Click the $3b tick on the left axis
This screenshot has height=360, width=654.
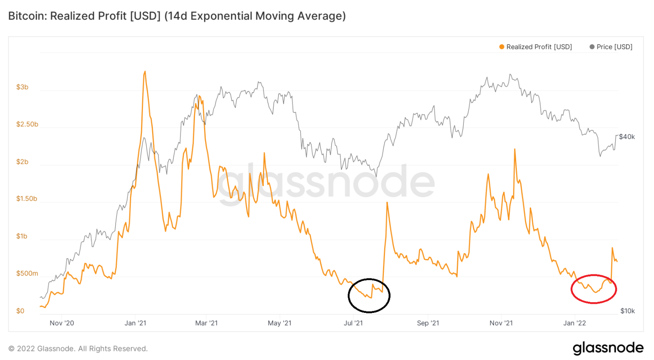(22, 87)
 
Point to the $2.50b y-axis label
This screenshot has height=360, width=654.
(27, 124)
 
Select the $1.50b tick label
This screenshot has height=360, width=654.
(27, 199)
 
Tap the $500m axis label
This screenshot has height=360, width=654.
(27, 274)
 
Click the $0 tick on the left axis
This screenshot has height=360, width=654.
(20, 311)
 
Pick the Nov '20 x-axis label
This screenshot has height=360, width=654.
(62, 323)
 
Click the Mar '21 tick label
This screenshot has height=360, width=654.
(206, 323)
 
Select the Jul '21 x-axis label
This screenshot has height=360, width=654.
(353, 323)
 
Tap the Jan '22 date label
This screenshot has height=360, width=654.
(574, 323)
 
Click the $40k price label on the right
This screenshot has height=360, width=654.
(627, 137)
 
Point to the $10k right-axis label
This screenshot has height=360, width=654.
(627, 311)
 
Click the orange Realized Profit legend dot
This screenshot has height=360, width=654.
(502, 47)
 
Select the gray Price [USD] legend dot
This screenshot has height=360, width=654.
(592, 47)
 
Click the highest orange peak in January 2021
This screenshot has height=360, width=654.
(145, 72)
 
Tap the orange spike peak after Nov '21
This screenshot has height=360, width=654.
(515, 149)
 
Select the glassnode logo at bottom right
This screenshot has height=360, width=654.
(608, 348)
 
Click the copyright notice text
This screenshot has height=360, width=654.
(78, 349)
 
